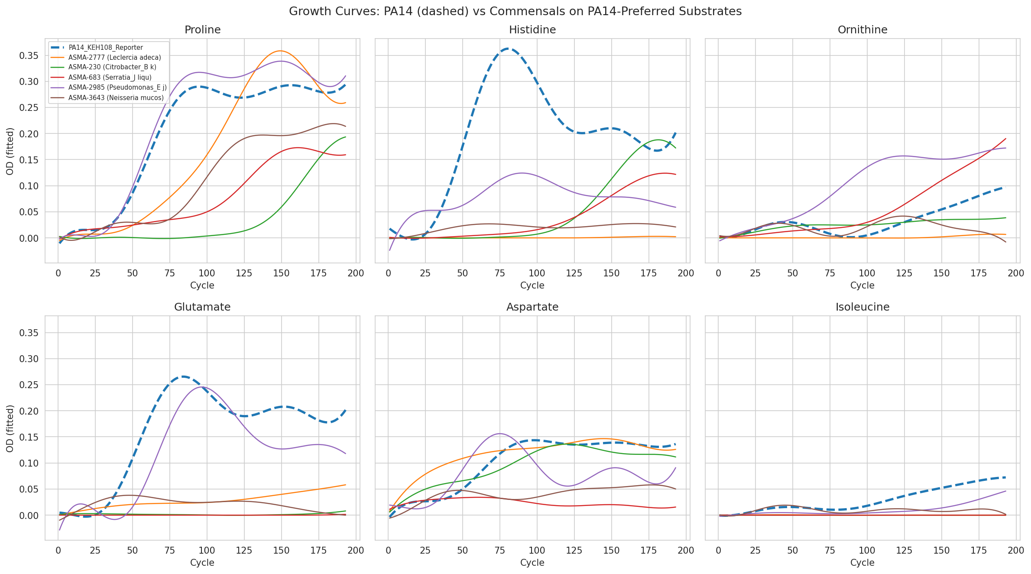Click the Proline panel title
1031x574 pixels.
coord(202,30)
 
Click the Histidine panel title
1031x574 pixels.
coord(532,30)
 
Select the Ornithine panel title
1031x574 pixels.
coord(862,30)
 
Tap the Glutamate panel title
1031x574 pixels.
coord(202,307)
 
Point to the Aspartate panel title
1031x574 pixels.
coord(532,307)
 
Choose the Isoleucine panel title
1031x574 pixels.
coord(862,307)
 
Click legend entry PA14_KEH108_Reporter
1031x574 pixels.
coord(106,48)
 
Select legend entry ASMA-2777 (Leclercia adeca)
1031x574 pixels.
coord(114,58)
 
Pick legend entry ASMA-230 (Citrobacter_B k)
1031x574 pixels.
coord(112,68)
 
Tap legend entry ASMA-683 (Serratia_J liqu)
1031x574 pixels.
coord(110,78)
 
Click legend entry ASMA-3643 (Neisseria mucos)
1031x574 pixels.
coord(116,98)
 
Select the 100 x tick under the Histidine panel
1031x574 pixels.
coord(537,273)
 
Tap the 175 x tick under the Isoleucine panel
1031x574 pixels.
coord(979,551)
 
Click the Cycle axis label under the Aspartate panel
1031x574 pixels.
coord(532,563)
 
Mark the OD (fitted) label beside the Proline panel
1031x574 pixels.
coord(10,151)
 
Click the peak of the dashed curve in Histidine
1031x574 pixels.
coord(507,49)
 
